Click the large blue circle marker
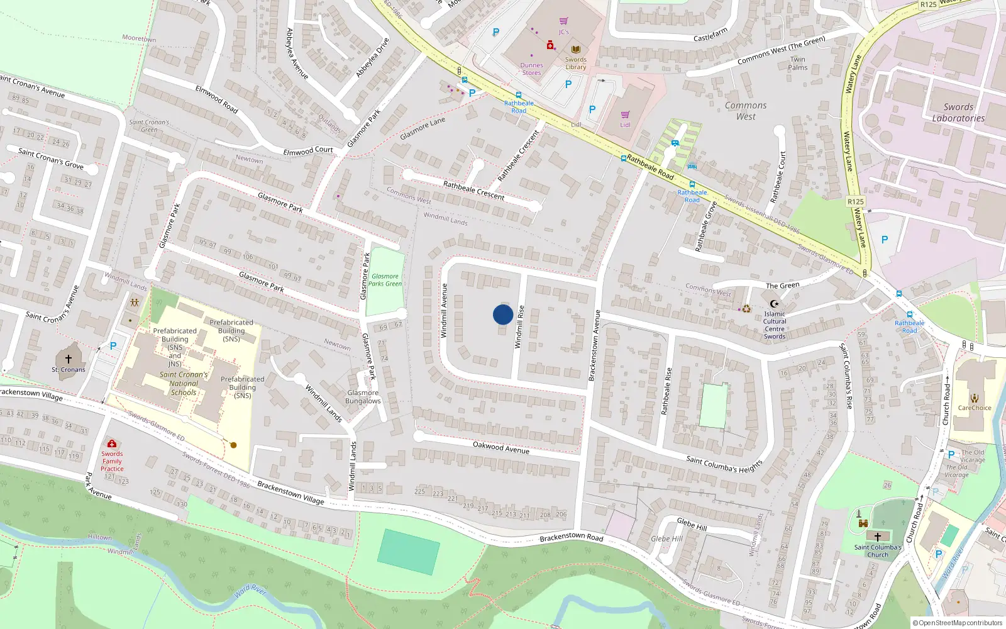click(x=503, y=314)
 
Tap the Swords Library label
click(x=575, y=64)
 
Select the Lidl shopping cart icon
click(x=625, y=114)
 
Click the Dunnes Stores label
click(x=531, y=69)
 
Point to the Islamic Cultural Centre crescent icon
click(x=775, y=304)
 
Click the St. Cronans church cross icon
click(x=69, y=359)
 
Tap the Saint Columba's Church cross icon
click(x=878, y=537)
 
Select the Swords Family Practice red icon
click(x=112, y=444)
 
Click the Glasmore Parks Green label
click(x=385, y=280)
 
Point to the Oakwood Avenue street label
click(x=501, y=447)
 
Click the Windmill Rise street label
click(x=519, y=326)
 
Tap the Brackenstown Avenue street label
click(x=594, y=345)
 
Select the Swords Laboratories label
click(x=958, y=113)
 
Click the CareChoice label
click(x=974, y=408)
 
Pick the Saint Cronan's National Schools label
click(x=183, y=383)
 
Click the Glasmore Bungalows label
click(x=363, y=397)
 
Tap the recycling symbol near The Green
click(x=746, y=309)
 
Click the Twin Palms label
click(x=798, y=64)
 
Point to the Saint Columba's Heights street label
click(x=724, y=465)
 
